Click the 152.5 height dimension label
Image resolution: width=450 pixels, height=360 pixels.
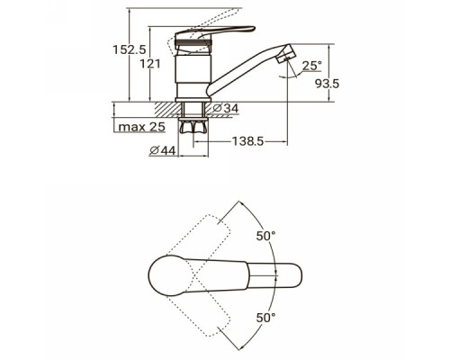click(130, 49)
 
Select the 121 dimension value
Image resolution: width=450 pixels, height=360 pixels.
click(150, 64)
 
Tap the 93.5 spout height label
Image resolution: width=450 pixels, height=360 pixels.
click(328, 84)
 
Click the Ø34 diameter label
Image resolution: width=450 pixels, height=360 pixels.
click(226, 108)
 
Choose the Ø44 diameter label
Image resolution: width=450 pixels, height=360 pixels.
click(163, 151)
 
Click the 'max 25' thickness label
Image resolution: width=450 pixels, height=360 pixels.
click(142, 127)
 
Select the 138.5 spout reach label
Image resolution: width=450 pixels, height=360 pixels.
click(248, 140)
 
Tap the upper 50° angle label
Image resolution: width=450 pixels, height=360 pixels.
click(265, 236)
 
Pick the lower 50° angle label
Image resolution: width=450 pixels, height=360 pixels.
click(265, 318)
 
